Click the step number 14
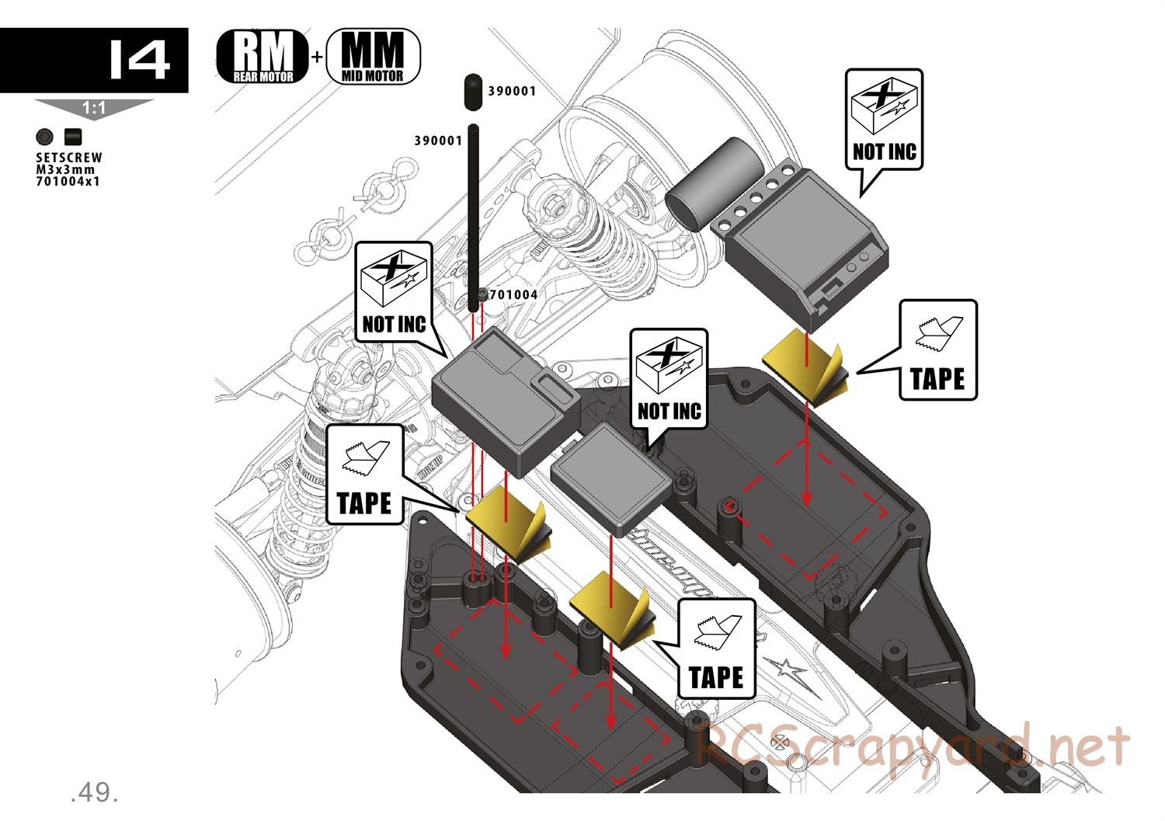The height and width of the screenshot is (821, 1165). pos(138,60)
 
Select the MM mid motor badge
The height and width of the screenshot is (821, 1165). pos(373,56)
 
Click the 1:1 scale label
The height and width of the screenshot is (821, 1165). pos(93,109)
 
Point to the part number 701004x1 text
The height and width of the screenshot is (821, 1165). pos(68,182)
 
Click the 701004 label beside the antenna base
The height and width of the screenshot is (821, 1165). pos(513,295)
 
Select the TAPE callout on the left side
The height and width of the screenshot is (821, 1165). pos(364,475)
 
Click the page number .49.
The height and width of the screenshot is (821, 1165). pos(93,792)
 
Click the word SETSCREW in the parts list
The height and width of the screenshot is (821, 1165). pos(68,158)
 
